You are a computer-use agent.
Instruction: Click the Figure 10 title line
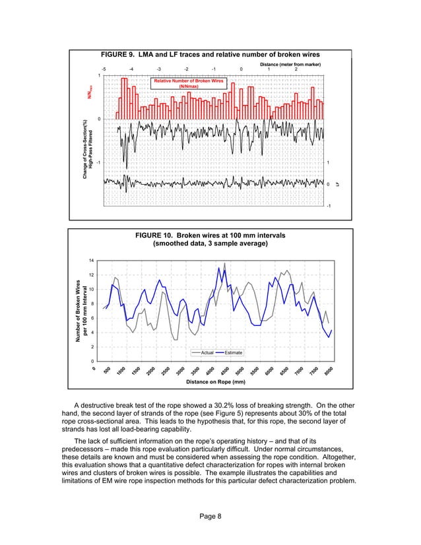(x=210, y=235)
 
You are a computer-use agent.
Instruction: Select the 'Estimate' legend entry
(x=233, y=353)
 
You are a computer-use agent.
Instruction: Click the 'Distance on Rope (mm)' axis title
(x=211, y=381)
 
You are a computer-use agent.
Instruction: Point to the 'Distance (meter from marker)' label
(x=290, y=63)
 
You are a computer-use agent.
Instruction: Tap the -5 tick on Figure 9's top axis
(x=104, y=69)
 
